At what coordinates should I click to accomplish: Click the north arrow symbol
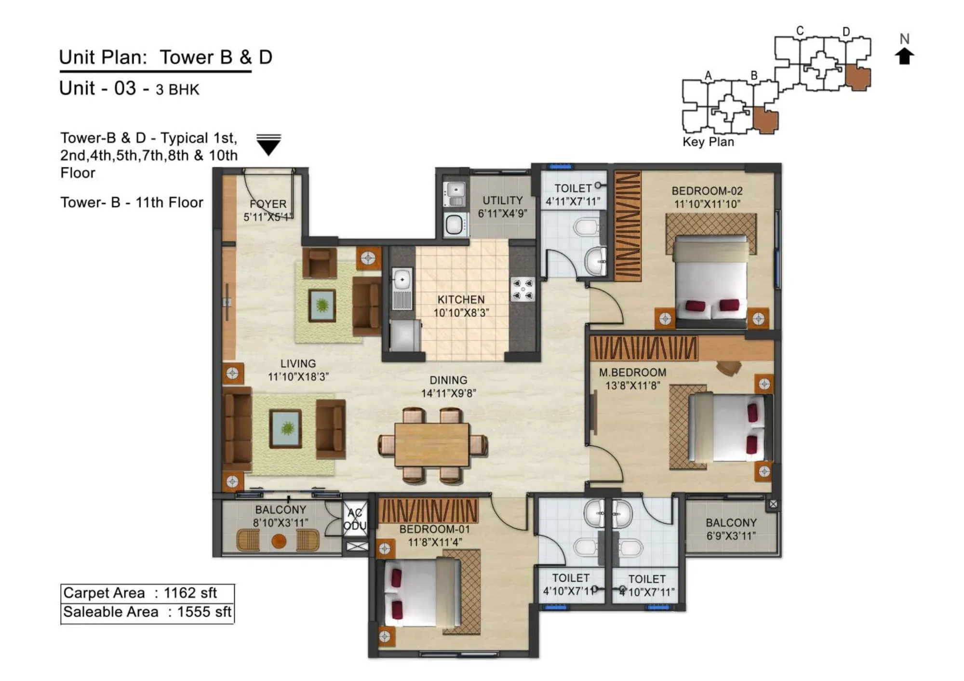click(904, 56)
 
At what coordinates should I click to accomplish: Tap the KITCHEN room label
click(461, 300)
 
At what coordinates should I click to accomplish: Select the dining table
click(431, 444)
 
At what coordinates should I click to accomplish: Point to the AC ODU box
click(355, 520)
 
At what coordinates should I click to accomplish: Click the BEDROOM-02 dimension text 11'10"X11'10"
click(707, 204)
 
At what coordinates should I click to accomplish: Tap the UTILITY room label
click(503, 200)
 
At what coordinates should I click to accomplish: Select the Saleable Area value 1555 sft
click(204, 612)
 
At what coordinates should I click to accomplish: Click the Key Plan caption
click(708, 142)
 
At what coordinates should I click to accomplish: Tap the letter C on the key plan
click(800, 31)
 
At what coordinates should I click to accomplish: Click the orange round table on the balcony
click(279, 541)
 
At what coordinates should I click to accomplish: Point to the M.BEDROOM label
click(632, 373)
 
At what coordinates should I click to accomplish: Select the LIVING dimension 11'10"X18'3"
click(298, 377)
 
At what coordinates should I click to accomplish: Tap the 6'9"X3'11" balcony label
click(731, 536)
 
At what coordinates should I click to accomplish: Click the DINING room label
click(448, 380)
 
